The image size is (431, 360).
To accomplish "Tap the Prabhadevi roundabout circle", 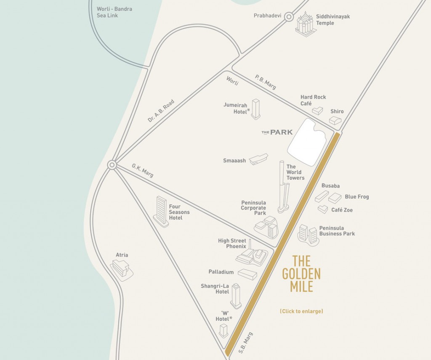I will (x=288, y=17).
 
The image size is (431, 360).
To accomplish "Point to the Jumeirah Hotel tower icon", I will (x=255, y=109).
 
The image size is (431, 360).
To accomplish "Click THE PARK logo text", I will (x=277, y=132).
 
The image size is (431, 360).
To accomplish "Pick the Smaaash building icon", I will (x=258, y=159).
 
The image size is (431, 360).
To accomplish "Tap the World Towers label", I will (x=295, y=172).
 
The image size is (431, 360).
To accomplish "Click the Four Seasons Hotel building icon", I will (x=161, y=212).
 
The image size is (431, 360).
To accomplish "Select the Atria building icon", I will (x=121, y=268).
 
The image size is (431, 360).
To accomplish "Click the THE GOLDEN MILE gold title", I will (x=301, y=274).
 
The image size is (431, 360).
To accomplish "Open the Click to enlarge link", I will (x=301, y=312).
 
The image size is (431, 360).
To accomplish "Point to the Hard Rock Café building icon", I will (x=317, y=111).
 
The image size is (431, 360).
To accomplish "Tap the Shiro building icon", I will (x=335, y=121).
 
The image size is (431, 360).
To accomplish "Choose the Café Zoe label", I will (x=342, y=210).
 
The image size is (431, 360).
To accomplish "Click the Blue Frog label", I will (x=357, y=197).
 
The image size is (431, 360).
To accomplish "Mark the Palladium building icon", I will (x=247, y=274).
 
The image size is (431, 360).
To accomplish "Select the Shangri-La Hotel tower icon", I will (x=236, y=296).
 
